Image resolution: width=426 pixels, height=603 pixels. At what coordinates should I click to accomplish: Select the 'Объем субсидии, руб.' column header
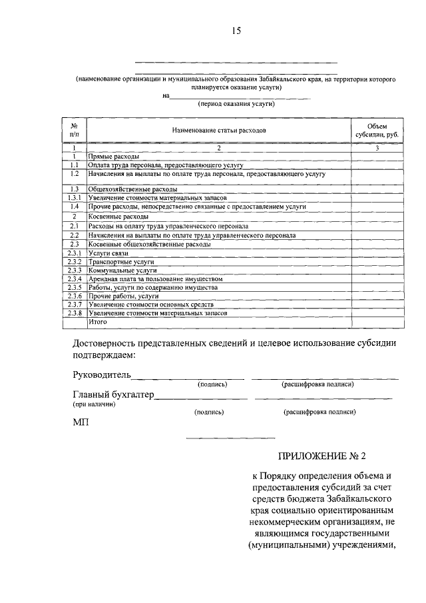377,130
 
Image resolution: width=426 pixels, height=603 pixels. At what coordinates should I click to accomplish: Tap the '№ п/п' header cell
75,130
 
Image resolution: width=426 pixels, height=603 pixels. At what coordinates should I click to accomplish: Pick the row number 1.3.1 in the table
75,199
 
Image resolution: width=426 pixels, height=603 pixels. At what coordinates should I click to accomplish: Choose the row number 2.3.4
75,279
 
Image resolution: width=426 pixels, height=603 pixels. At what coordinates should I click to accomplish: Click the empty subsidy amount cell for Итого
377,322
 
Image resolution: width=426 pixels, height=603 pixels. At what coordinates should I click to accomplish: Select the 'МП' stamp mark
80,422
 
